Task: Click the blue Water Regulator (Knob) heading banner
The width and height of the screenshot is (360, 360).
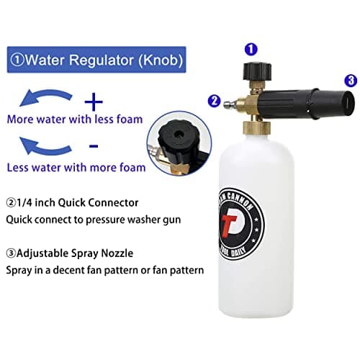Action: (96, 58)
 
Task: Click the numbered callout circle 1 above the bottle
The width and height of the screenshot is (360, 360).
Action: (251, 50)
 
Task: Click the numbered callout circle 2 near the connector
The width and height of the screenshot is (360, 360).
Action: (214, 100)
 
